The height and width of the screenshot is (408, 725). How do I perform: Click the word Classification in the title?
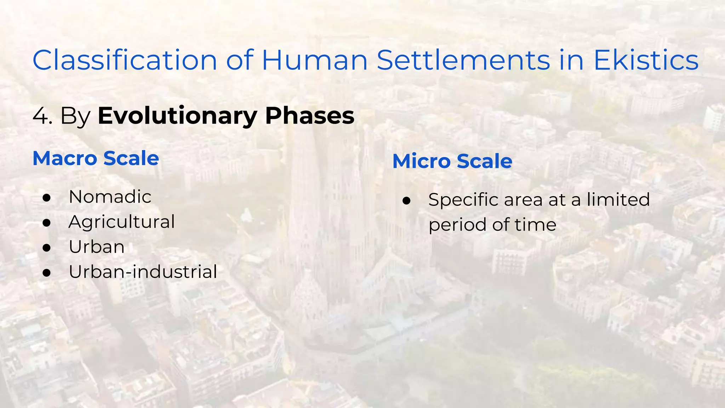pos(125,60)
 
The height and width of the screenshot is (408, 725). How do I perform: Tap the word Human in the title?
pos(314,60)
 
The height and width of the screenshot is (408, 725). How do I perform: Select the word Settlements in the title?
pos(463,60)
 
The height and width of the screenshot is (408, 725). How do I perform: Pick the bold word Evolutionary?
pos(177,116)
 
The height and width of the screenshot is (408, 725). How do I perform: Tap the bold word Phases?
pos(309,116)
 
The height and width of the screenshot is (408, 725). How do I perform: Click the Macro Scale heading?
pos(96,158)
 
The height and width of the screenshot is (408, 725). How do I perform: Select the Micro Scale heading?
pos(452,161)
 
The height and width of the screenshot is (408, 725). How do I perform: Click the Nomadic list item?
pos(110,197)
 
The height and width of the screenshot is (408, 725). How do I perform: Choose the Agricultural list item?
pos(122,222)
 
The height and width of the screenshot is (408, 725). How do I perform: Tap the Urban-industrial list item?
pos(143,272)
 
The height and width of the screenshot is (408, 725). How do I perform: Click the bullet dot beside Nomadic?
pos(47,198)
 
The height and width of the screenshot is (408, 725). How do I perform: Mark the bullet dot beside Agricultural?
pos(47,223)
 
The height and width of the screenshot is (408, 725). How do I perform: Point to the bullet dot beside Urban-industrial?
pos(47,273)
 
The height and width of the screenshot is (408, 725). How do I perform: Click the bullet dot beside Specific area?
pos(406,201)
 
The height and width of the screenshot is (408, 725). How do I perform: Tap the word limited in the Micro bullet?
pos(618,199)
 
